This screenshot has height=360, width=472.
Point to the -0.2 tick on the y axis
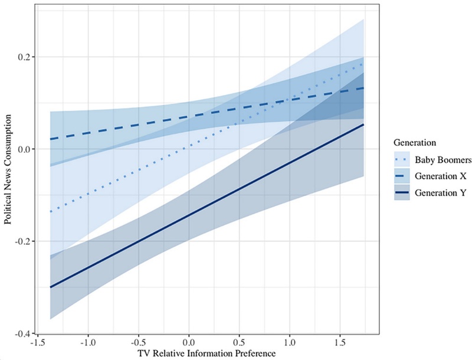(x=27, y=241)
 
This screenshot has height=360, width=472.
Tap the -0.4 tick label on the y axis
(x=27, y=333)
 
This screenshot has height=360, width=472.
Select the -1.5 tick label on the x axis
(x=37, y=342)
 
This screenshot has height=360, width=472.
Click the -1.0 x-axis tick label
(x=88, y=342)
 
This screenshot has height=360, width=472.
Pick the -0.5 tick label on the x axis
(x=138, y=342)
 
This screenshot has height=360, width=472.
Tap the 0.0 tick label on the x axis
(x=189, y=342)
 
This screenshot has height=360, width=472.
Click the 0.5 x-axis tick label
(x=240, y=342)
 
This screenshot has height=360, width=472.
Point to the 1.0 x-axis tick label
(x=291, y=342)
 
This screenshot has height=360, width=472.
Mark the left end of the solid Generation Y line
(x=51, y=287)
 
